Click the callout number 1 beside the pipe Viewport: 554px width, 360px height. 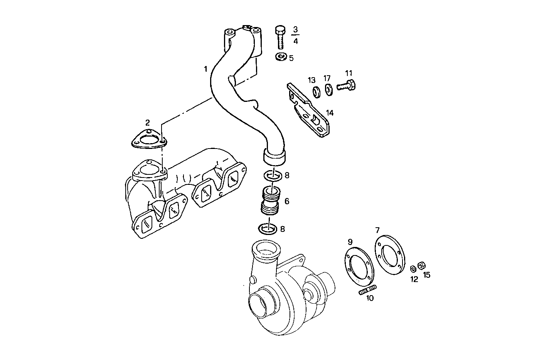206,69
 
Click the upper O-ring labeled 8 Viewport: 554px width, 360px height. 273,176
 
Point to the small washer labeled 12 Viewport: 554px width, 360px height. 413,268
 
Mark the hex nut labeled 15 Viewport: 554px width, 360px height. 422,265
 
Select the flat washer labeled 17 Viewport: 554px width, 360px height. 328,90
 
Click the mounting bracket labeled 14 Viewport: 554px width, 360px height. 310,112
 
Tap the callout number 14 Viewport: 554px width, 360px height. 330,113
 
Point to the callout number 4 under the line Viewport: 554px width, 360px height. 295,41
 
